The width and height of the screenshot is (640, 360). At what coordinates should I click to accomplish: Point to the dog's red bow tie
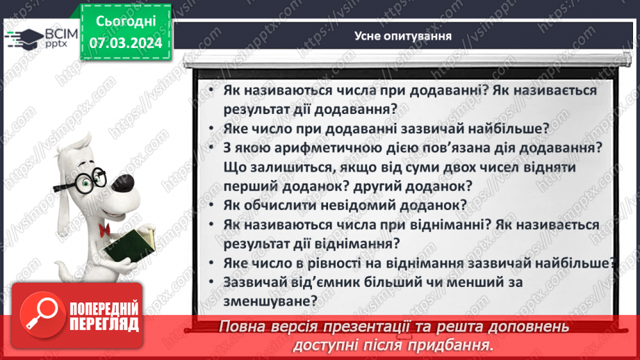click(x=106, y=230)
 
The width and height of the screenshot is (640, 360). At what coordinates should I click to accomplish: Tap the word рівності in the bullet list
click(x=337, y=263)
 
